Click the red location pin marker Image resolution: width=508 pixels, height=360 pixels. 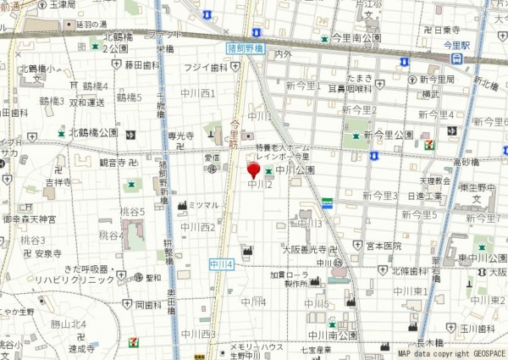point(251,172)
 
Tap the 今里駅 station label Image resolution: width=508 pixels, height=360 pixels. point(456,47)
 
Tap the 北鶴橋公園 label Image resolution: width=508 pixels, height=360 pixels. point(93,133)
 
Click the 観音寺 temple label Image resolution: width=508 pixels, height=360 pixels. point(113,162)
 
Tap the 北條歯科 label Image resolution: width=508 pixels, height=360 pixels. point(410,271)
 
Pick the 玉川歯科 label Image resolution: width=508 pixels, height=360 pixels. point(478,328)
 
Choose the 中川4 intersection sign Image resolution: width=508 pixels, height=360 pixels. point(221,265)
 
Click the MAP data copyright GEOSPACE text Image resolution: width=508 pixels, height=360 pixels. point(452,352)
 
